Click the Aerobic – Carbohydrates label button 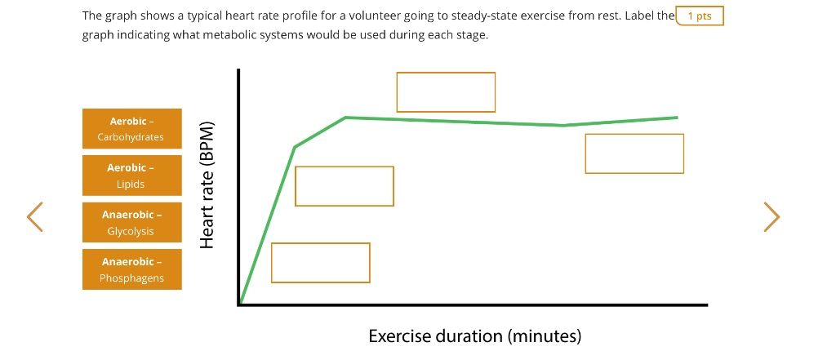[x=131, y=129]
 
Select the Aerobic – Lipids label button [x=131, y=176]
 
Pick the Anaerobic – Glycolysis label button [x=131, y=223]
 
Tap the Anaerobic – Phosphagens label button [x=131, y=269]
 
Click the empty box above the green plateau [x=446, y=92]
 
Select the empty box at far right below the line [x=634, y=153]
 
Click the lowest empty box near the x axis [x=320, y=263]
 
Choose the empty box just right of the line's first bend [x=344, y=186]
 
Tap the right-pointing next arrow [x=771, y=217]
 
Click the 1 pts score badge [x=700, y=16]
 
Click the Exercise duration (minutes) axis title [x=474, y=336]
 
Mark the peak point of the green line [x=346, y=118]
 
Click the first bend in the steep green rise [x=295, y=147]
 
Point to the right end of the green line [x=677, y=118]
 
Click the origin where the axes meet [x=240, y=304]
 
